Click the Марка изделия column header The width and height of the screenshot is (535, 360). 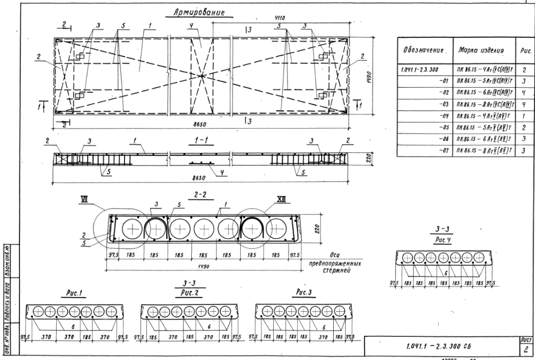pos(481,50)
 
